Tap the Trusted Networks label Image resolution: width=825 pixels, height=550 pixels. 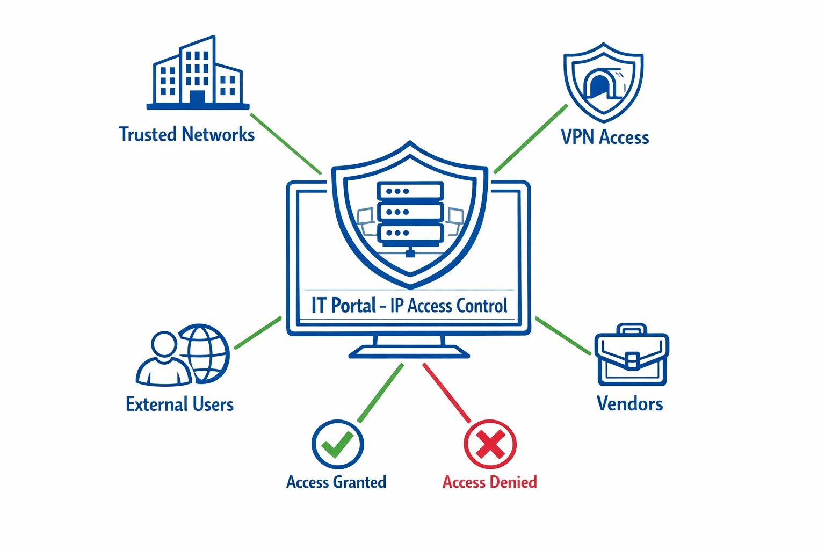pyautogui.click(x=186, y=134)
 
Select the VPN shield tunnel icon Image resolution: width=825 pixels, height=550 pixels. pyautogui.click(x=603, y=82)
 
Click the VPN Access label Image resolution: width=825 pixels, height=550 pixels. pyautogui.click(x=605, y=137)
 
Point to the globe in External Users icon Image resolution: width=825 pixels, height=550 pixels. pyautogui.click(x=205, y=353)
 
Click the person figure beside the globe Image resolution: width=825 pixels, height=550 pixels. pyautogui.click(x=163, y=360)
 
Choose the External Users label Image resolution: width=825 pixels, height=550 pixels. pyautogui.click(x=179, y=404)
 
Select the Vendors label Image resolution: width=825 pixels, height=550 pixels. pyautogui.click(x=629, y=404)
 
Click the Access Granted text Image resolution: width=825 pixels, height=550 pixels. pyautogui.click(x=336, y=482)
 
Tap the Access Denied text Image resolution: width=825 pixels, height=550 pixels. pyautogui.click(x=489, y=482)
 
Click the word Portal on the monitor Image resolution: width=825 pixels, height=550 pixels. pyautogui.click(x=353, y=306)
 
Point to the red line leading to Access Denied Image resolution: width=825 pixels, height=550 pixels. pyautogui.click(x=446, y=393)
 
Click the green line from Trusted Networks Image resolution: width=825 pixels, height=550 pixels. pyautogui.click(x=286, y=143)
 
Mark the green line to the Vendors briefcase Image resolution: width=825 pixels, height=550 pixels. pyautogui.click(x=563, y=336)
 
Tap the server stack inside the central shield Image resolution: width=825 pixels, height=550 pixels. pyautogui.click(x=410, y=212)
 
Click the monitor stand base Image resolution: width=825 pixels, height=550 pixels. pyautogui.click(x=409, y=352)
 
